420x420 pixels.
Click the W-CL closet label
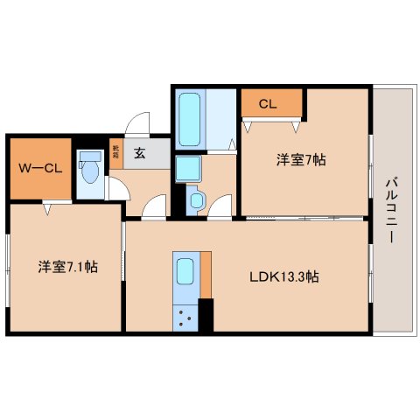pos(38,167)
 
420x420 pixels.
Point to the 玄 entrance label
pos(140,153)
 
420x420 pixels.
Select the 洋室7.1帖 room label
pos(66,266)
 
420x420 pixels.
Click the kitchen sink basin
pos(185,276)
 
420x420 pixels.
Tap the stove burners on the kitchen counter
pos(185,317)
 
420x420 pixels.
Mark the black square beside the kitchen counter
pos(206,314)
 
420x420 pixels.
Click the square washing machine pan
pos(187,168)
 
